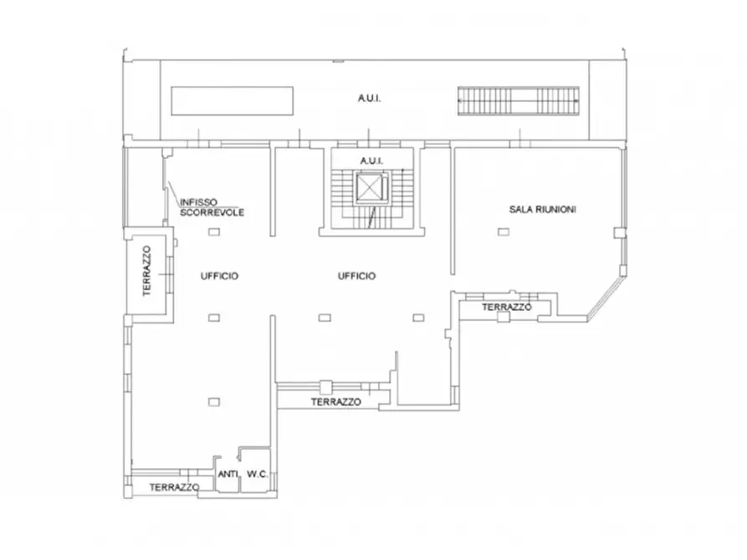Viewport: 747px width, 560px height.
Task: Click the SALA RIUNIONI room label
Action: pos(543,209)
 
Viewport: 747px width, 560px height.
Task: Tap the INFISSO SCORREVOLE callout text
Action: pos(212,207)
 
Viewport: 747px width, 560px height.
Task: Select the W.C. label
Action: pos(258,474)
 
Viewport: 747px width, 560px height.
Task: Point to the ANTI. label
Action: pos(228,474)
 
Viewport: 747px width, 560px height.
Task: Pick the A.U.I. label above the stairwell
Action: pos(371,161)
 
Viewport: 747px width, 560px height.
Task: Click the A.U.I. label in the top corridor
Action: pos(369,98)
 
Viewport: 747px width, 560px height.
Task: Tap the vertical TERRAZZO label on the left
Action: pos(146,271)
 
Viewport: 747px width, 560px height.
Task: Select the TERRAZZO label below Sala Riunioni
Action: pos(506,307)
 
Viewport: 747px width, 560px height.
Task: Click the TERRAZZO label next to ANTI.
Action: pos(174,487)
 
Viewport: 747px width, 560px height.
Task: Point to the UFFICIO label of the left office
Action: pos(219,276)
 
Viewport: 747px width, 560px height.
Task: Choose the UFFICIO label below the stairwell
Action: pos(356,276)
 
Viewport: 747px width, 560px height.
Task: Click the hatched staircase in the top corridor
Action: pos(519,100)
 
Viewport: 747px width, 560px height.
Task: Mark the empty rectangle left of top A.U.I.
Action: pos(232,100)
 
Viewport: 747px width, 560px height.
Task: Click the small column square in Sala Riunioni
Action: pos(504,232)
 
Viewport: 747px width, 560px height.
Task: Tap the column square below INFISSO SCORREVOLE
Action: pos(214,232)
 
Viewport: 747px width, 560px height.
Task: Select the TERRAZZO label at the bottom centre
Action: pos(336,402)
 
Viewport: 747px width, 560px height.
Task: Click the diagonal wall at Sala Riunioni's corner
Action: pos(606,298)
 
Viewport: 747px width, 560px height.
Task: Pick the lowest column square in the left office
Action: pos(214,402)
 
